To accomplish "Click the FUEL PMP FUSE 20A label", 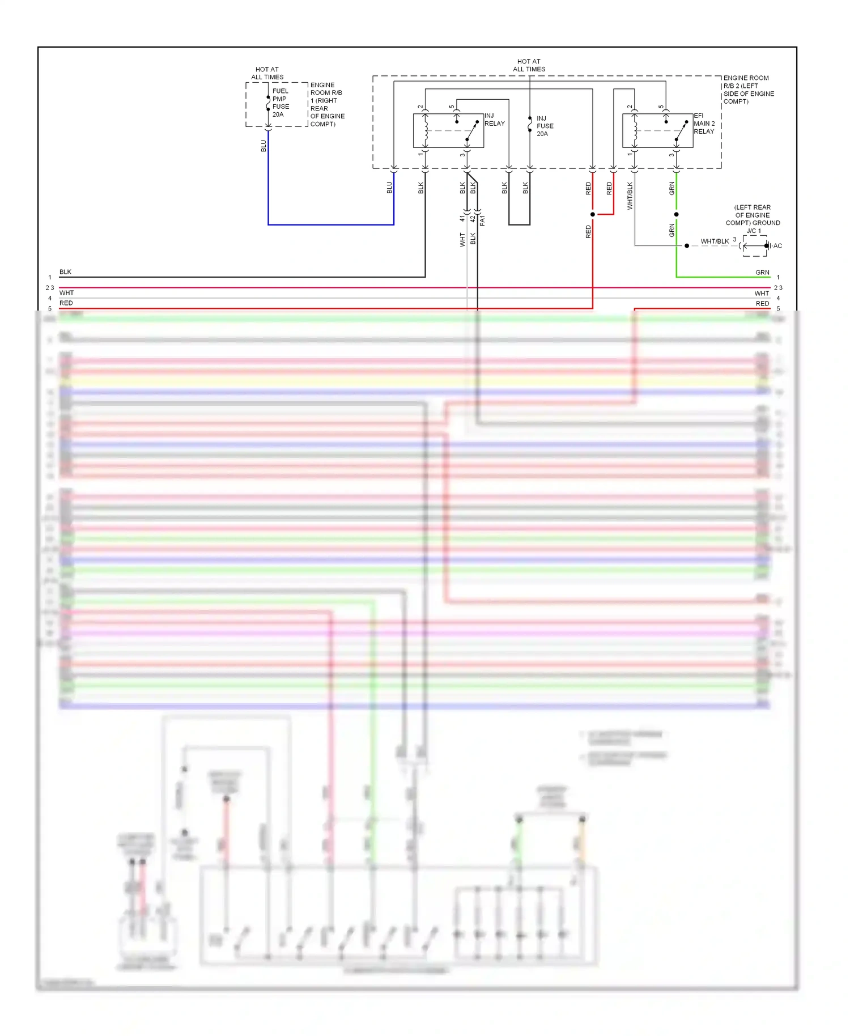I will pyautogui.click(x=280, y=103).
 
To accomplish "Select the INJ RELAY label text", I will pyautogui.click(x=494, y=120).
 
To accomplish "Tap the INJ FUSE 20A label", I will pyautogui.click(x=545, y=126).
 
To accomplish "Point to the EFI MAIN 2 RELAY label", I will pyautogui.click(x=704, y=124).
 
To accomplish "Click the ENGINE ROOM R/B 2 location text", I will pyautogui.click(x=748, y=90).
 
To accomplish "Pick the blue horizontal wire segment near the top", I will pyautogui.click(x=330, y=224).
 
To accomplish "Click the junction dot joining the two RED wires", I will pyautogui.click(x=593, y=214).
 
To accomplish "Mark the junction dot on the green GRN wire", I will pyautogui.click(x=676, y=214).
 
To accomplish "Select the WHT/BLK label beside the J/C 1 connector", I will pyautogui.click(x=715, y=241).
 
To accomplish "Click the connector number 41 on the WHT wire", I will pyautogui.click(x=462, y=218).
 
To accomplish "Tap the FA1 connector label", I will pyautogui.click(x=482, y=220).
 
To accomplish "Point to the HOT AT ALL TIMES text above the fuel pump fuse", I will pyautogui.click(x=267, y=73).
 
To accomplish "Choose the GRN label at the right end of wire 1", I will pyautogui.click(x=762, y=273).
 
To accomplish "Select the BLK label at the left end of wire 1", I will pyautogui.click(x=65, y=272).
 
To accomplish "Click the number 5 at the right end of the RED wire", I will pyautogui.click(x=778, y=309).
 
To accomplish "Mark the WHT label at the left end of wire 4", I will pyautogui.click(x=67, y=293).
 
